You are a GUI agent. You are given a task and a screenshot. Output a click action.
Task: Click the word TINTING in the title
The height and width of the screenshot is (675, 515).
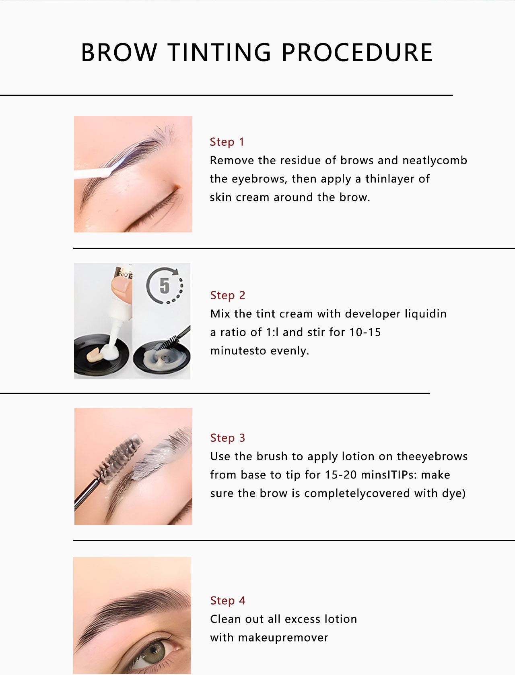click(x=219, y=53)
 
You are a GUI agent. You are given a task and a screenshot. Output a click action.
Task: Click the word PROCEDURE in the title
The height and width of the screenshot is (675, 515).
click(x=356, y=53)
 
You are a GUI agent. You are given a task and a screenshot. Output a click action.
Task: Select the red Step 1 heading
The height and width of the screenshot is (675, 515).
click(x=227, y=142)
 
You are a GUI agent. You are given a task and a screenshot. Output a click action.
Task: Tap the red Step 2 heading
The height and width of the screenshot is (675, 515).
click(x=227, y=295)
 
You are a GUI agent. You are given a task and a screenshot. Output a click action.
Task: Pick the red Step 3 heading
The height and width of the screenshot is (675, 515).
click(x=227, y=438)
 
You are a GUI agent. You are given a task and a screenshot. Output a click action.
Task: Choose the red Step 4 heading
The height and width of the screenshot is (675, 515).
click(x=227, y=600)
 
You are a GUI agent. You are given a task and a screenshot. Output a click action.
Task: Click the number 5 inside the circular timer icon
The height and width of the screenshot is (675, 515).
click(x=165, y=286)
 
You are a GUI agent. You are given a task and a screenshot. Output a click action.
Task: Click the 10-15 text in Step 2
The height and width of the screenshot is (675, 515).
click(x=365, y=332)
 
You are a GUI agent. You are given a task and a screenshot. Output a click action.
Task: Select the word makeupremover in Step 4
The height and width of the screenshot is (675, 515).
click(x=283, y=638)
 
